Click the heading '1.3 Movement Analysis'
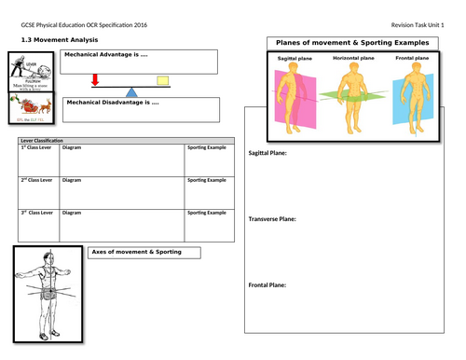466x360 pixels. click(x=55, y=40)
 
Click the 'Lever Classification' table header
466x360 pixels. click(x=39, y=140)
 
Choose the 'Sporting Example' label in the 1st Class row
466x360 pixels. click(x=207, y=147)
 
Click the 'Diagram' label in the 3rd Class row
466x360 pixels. click(x=72, y=213)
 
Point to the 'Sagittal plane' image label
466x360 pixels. click(x=297, y=59)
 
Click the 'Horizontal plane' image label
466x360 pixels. click(x=353, y=59)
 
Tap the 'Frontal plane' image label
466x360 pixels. click(x=411, y=59)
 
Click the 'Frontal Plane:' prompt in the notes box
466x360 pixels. click(x=267, y=284)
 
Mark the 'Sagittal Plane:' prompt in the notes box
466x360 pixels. click(x=267, y=153)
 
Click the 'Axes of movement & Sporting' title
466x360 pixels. click(x=136, y=252)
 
